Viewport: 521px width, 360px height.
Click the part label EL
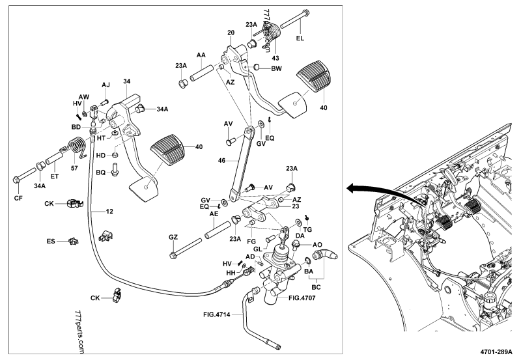[x=300, y=39]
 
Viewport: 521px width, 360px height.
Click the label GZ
[x=173, y=236]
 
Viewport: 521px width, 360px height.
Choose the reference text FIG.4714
[x=218, y=314]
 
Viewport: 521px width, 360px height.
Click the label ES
[x=51, y=241]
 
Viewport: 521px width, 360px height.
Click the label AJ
[x=106, y=85]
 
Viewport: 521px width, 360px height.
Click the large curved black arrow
[x=371, y=189]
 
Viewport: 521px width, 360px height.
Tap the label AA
[x=200, y=57]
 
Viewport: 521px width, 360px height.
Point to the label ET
[x=55, y=176]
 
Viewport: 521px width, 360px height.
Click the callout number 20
[x=231, y=33]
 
